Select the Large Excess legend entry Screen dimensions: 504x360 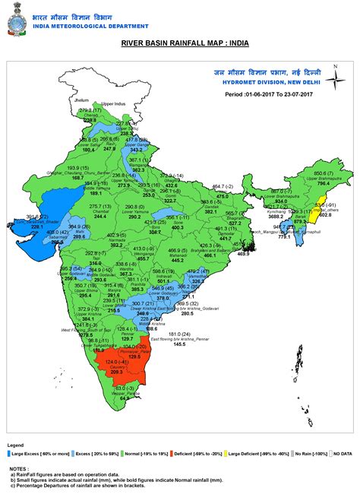click(x=36, y=452)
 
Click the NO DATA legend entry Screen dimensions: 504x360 click(x=336, y=452)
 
